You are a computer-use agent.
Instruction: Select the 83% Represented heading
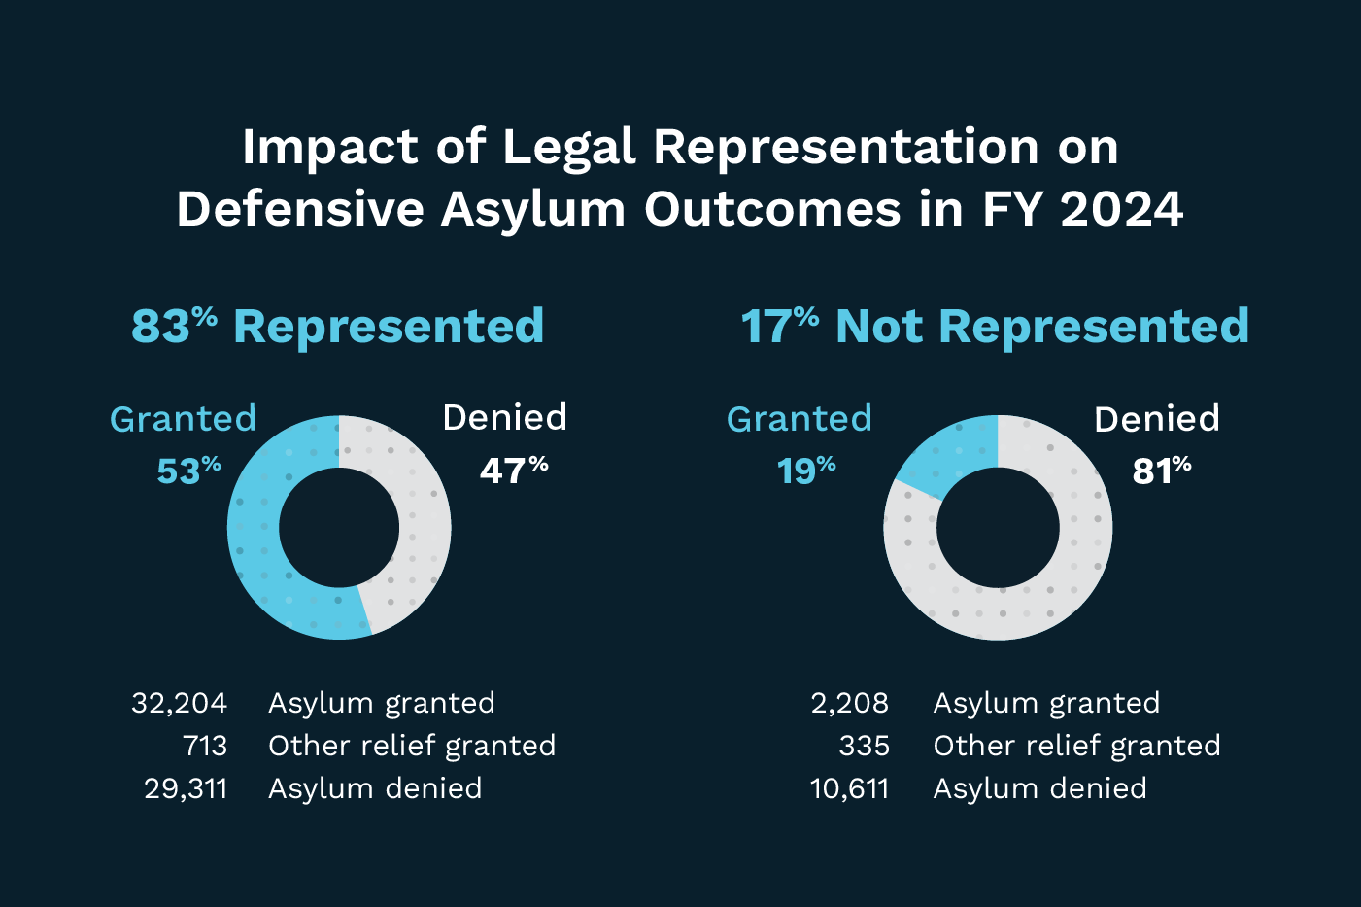(337, 327)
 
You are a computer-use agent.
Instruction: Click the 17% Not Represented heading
(994, 327)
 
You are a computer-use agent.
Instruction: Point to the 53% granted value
(188, 471)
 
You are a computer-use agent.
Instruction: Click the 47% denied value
(513, 471)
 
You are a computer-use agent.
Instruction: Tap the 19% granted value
(805, 471)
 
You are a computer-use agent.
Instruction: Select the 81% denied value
(1161, 471)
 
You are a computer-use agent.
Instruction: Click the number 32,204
(180, 703)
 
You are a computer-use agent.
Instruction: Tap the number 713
(205, 746)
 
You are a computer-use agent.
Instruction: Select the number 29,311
(186, 788)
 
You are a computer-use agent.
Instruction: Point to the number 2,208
(849, 703)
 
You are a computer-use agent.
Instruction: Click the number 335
(864, 746)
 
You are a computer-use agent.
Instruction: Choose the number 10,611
(849, 788)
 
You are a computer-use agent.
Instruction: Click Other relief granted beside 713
(412, 746)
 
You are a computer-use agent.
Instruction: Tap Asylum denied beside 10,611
(1039, 788)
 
